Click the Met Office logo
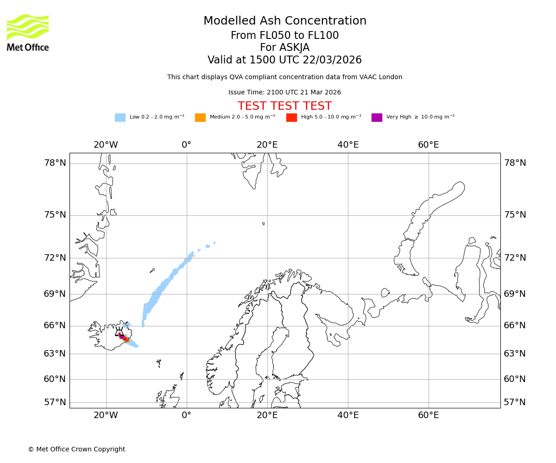click(x=28, y=32)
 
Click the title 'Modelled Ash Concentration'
click(x=285, y=21)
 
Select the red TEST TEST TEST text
click(x=284, y=106)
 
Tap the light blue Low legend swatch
click(x=120, y=118)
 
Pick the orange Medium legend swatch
click(x=200, y=118)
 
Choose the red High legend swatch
click(x=291, y=118)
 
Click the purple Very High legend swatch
click(x=377, y=118)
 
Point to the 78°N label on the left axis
click(x=55, y=163)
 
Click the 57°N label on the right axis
click(x=515, y=402)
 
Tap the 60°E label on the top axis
click(x=429, y=145)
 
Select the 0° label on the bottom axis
click(x=187, y=415)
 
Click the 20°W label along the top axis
click(x=106, y=145)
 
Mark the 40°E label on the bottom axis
click(x=348, y=415)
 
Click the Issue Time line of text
click(x=284, y=93)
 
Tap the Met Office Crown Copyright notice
click(x=76, y=449)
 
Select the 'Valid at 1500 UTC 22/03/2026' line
click(x=284, y=60)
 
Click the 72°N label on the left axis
click(x=55, y=258)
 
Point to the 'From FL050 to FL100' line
click(x=284, y=36)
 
